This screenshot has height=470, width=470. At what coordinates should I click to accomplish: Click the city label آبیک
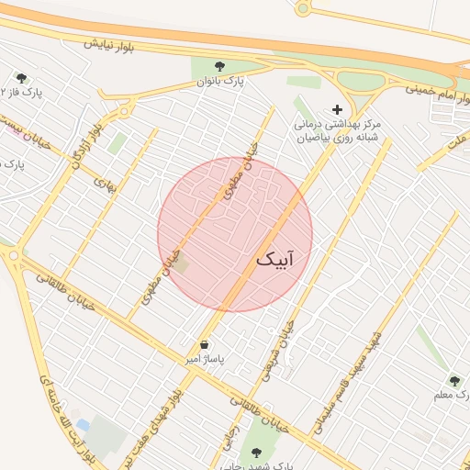pyautogui.click(x=275, y=261)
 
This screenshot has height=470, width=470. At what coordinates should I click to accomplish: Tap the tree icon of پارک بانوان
pyautogui.click(x=219, y=66)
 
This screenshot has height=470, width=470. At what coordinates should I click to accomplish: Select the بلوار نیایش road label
pyautogui.click(x=109, y=44)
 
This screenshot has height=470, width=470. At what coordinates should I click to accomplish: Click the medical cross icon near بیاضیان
pyautogui.click(x=337, y=108)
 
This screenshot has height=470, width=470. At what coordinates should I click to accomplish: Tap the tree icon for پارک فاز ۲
pyautogui.click(x=21, y=78)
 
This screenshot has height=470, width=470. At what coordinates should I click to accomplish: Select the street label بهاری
pyautogui.click(x=106, y=184)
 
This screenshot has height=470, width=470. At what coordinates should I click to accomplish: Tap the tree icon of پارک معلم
pyautogui.click(x=454, y=381)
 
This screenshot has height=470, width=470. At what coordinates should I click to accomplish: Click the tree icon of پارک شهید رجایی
pyautogui.click(x=256, y=452)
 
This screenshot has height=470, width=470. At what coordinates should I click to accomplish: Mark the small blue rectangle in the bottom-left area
pyautogui.click(x=84, y=426)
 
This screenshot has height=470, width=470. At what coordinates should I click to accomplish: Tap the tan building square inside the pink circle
pyautogui.click(x=182, y=265)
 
